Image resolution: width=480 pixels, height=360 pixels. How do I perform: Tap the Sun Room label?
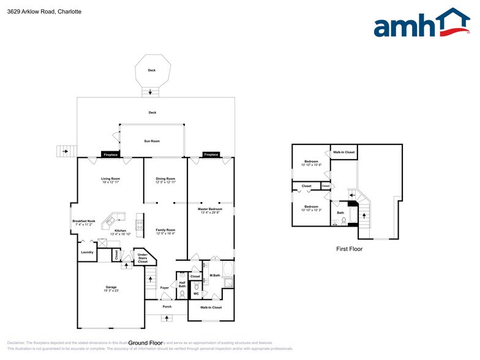click(152, 141)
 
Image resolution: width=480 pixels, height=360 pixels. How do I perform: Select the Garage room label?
click(111, 288)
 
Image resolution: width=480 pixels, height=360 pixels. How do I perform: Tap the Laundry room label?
click(87, 252)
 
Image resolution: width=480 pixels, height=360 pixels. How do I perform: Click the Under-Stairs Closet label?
click(142, 258)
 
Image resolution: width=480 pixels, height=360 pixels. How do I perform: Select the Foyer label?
click(165, 288)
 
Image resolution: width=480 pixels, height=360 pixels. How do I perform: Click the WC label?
click(196, 294)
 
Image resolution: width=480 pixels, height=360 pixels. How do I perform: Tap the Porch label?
click(167, 307)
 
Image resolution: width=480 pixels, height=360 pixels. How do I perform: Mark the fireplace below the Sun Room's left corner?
click(110, 155)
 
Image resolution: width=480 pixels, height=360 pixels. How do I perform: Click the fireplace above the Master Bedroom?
click(211, 155)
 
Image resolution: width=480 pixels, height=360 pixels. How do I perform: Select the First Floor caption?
click(350, 249)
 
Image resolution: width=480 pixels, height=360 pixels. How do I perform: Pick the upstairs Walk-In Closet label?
click(343, 152)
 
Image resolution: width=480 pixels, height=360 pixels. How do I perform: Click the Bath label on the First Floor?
click(340, 213)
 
